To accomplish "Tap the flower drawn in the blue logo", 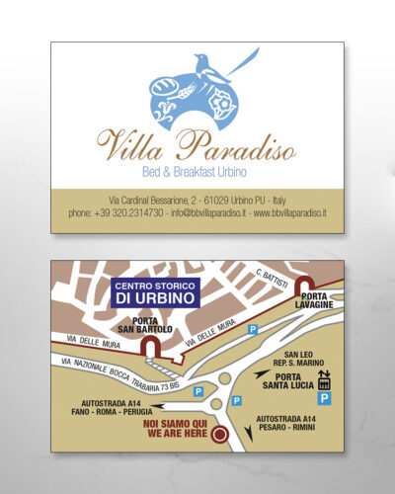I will (220, 103).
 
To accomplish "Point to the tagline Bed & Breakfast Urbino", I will (197, 169).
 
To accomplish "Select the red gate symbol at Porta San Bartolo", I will (150, 347).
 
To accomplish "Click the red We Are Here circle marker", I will (221, 434).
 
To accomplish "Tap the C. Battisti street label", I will (272, 280).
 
